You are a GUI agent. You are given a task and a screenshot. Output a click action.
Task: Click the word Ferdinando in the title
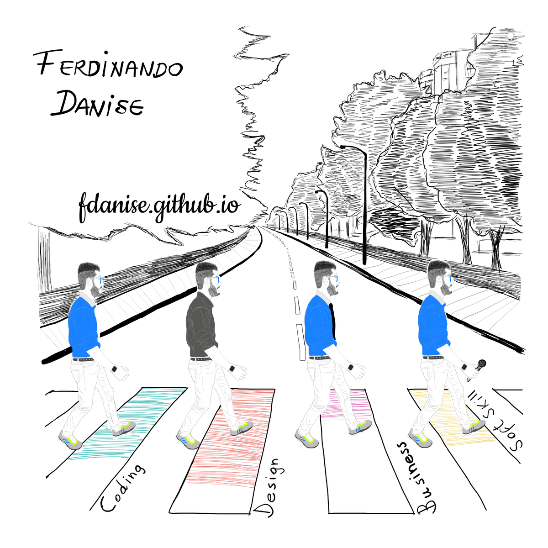click(108, 64)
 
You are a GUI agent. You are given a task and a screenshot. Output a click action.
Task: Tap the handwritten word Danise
click(97, 103)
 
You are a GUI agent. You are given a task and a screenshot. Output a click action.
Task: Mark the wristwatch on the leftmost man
click(114, 369)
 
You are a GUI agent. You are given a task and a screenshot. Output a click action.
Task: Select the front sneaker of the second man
click(241, 428)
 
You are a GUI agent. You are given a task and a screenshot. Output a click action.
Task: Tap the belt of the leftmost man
click(83, 359)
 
